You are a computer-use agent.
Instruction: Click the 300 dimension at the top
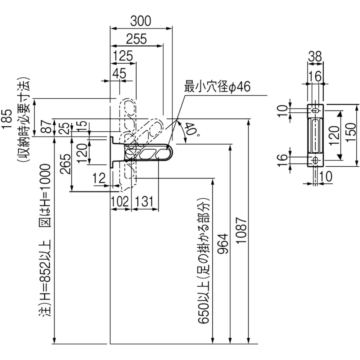pos(141,21)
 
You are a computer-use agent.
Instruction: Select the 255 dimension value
pos(136,39)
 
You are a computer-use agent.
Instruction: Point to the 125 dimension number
pos(123,56)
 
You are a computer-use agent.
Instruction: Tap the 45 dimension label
pos(120,73)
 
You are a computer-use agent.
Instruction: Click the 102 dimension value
pos(120,202)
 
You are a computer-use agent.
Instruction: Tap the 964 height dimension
pos(223,244)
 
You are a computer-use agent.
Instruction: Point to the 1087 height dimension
pos(241,230)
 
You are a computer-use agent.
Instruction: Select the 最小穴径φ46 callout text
pos(217,86)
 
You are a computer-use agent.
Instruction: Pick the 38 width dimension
pos(315,57)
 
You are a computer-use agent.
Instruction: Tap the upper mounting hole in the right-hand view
pos(316,111)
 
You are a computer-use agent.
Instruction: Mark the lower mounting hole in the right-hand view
pos(316,159)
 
